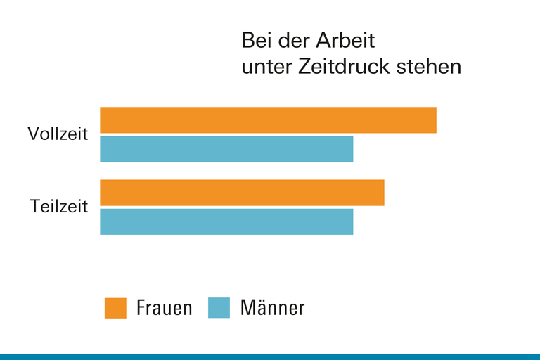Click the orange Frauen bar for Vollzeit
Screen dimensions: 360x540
268,120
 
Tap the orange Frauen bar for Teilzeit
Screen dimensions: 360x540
242,193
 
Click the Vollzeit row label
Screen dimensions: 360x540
58,134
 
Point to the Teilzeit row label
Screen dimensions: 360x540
59,207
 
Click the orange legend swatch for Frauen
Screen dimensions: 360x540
115,308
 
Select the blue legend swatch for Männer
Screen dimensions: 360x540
219,308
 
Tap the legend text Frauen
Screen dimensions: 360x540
164,308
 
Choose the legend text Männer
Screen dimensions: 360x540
273,308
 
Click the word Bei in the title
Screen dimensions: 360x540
256,40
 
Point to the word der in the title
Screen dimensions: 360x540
293,40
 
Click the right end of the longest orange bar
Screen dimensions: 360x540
435,120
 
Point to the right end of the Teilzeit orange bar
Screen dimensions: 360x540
382,193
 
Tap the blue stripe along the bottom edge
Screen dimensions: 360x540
270,356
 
